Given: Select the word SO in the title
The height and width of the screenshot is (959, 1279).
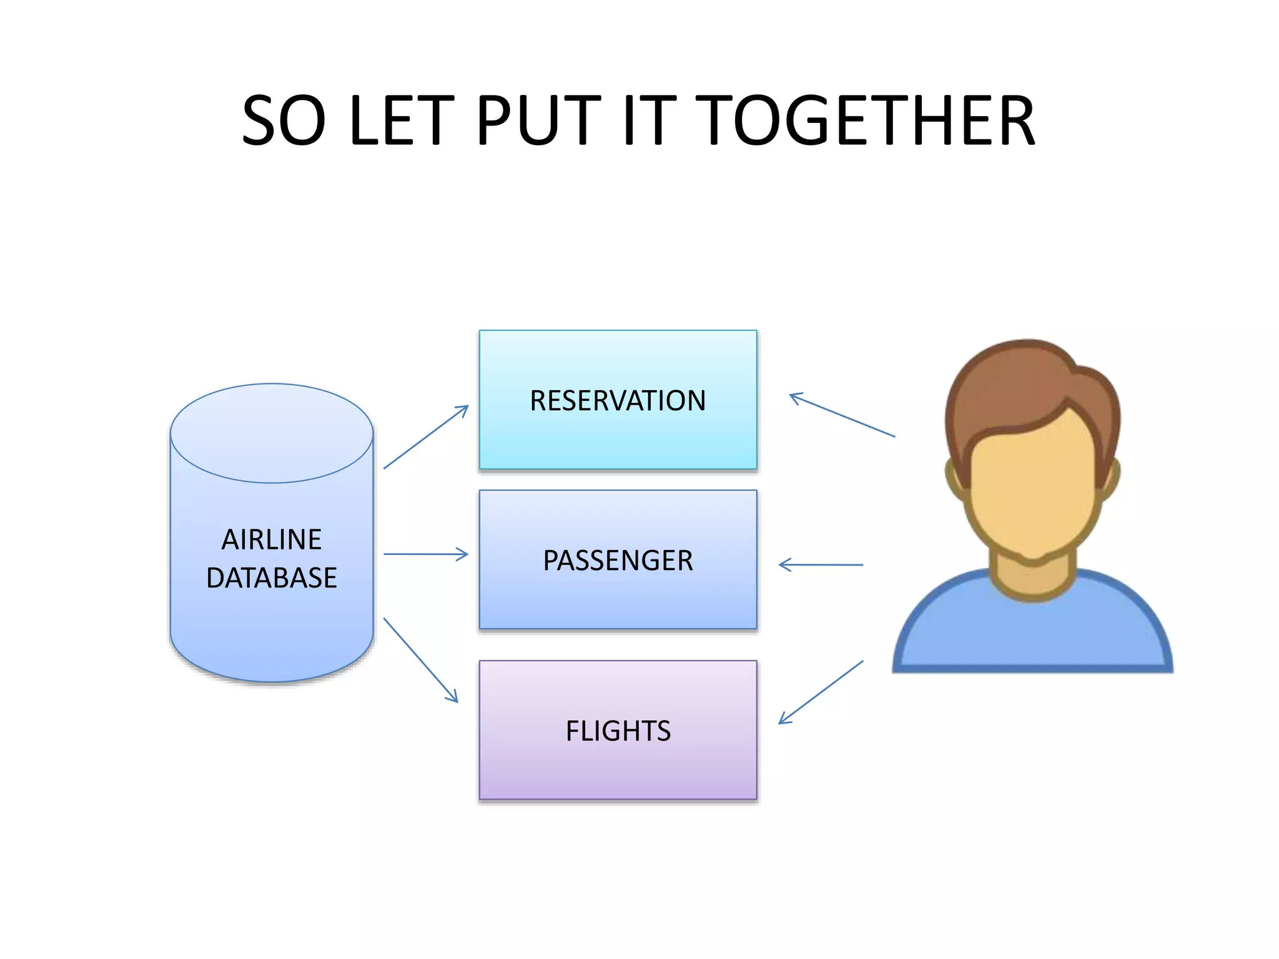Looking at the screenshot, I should pos(284,120).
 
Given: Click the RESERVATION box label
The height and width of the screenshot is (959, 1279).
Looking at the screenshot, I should pos(618,401).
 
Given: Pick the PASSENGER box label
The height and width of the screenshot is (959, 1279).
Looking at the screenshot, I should pos(618,561).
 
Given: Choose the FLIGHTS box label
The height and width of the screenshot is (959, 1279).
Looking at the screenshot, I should pos(618,731).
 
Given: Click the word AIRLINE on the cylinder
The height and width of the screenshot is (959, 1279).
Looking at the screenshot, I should pos(272,539).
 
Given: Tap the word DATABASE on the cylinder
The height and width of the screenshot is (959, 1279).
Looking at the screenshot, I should pos(272,578).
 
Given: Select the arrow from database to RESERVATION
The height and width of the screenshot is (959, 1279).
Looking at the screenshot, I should pos(425,437).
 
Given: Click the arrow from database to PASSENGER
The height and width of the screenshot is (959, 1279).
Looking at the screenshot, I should pos(425,554).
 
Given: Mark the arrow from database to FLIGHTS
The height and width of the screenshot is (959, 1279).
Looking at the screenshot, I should pos(420,660).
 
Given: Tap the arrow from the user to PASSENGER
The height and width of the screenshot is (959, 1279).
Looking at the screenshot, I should pos(821,565).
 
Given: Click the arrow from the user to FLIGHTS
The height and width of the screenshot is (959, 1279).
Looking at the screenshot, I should pos(821,692).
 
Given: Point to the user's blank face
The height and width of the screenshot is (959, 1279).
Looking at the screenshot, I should pos(1032,487).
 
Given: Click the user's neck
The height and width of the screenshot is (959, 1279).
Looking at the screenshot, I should pos(1032,578).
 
